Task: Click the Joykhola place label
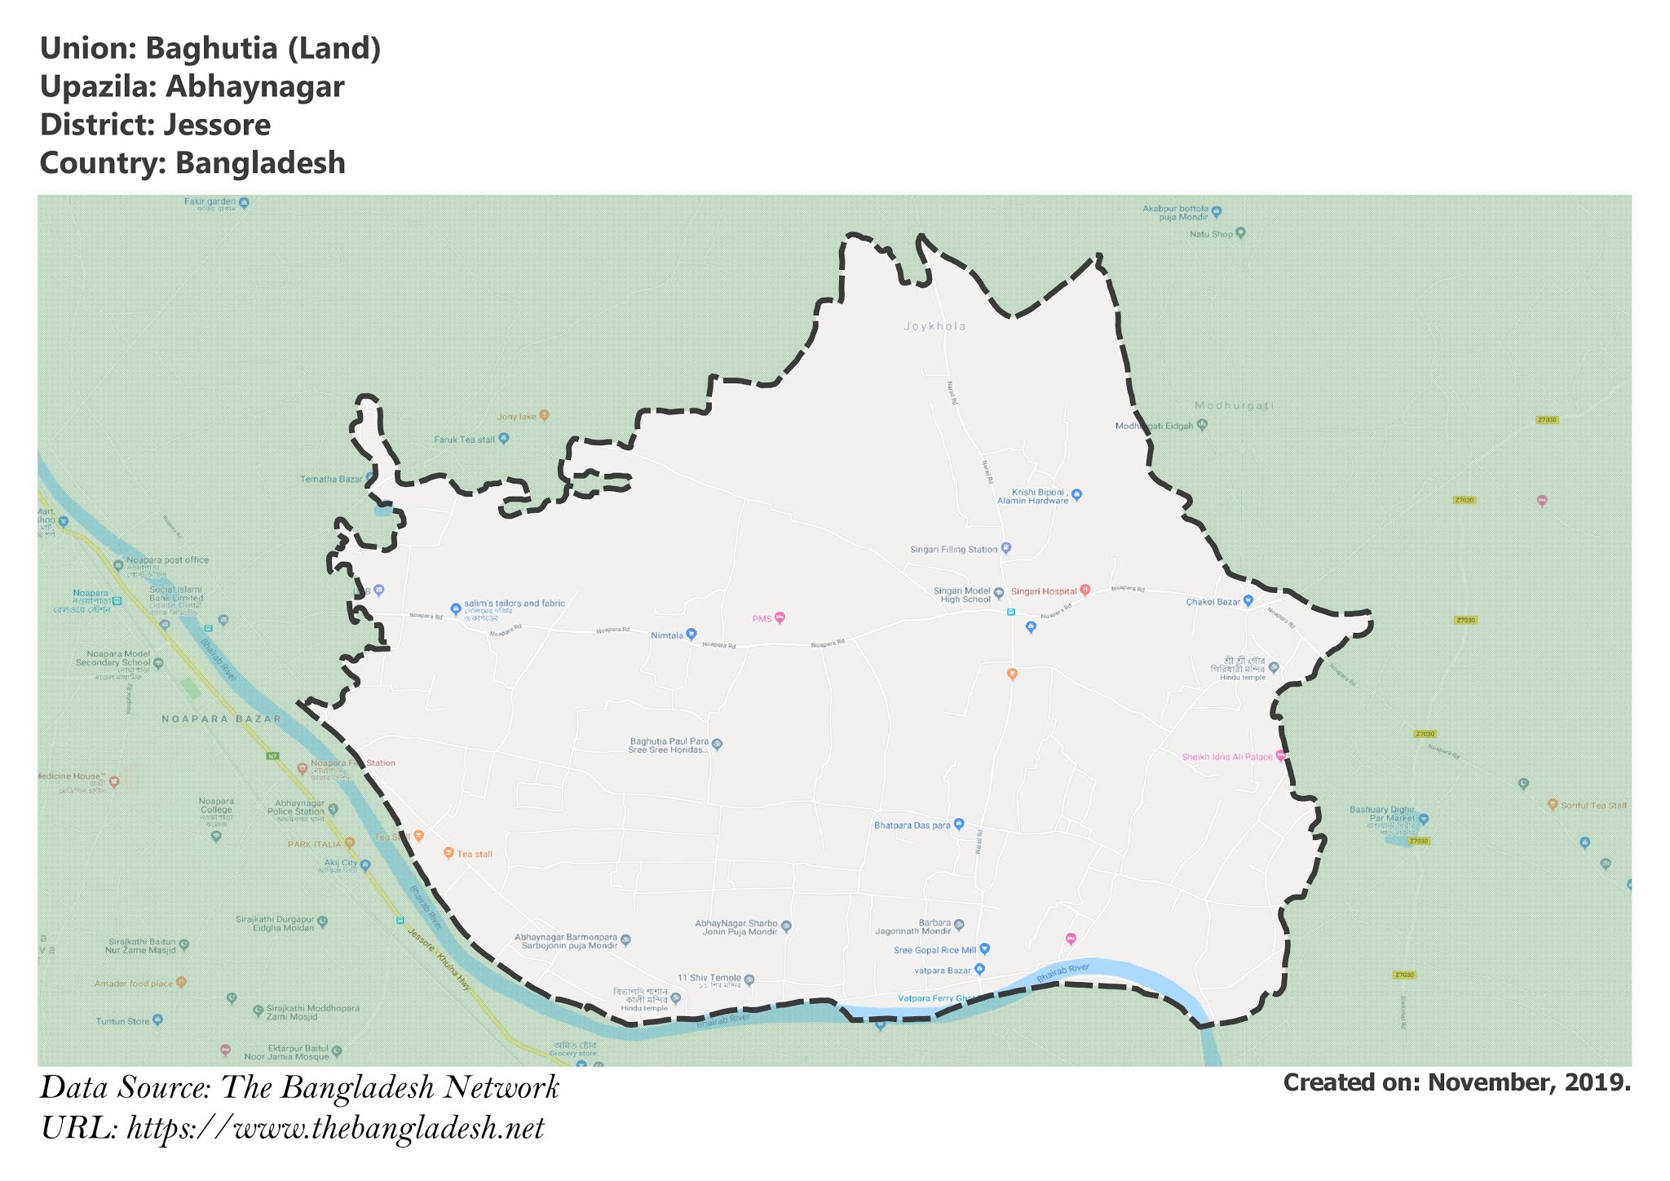pyautogui.click(x=934, y=326)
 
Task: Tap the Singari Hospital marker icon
pyautogui.click(x=1085, y=590)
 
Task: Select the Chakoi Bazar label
pyautogui.click(x=1213, y=602)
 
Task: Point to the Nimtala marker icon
pyautogui.click(x=691, y=634)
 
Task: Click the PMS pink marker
pyautogui.click(x=780, y=617)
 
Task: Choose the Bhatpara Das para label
pyautogui.click(x=912, y=825)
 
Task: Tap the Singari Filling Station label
pyautogui.click(x=953, y=550)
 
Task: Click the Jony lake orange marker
pyautogui.click(x=545, y=415)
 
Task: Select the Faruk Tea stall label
pyautogui.click(x=464, y=440)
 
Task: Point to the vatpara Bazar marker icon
pyautogui.click(x=980, y=969)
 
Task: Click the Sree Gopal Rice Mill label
pyautogui.click(x=934, y=950)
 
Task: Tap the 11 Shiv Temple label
pyautogui.click(x=709, y=977)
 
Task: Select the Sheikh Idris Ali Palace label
pyautogui.click(x=1226, y=757)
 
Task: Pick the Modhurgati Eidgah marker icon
pyautogui.click(x=1202, y=424)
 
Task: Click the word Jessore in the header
pyautogui.click(x=217, y=125)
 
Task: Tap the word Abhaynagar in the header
pyautogui.click(x=255, y=86)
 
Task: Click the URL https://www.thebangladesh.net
pyautogui.click(x=335, y=1128)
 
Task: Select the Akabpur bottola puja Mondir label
pyautogui.click(x=1175, y=213)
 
